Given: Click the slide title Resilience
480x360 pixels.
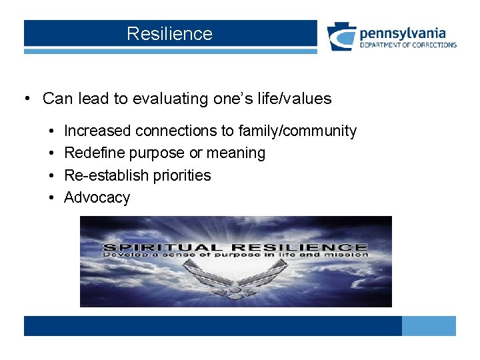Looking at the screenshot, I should click(x=169, y=34).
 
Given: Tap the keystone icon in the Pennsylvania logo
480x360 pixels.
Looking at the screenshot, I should click(x=341, y=37).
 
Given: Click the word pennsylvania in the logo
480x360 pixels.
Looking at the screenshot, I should click(x=403, y=33).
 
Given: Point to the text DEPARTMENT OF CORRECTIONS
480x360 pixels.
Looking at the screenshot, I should click(x=408, y=45).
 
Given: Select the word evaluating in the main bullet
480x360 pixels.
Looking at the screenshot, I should click(x=170, y=99).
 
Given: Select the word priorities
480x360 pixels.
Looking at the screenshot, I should click(x=179, y=175).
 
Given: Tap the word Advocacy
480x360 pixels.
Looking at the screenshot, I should click(x=97, y=197).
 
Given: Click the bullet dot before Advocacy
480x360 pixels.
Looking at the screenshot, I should click(x=51, y=198).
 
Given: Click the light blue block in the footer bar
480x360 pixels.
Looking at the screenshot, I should click(x=429, y=326).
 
